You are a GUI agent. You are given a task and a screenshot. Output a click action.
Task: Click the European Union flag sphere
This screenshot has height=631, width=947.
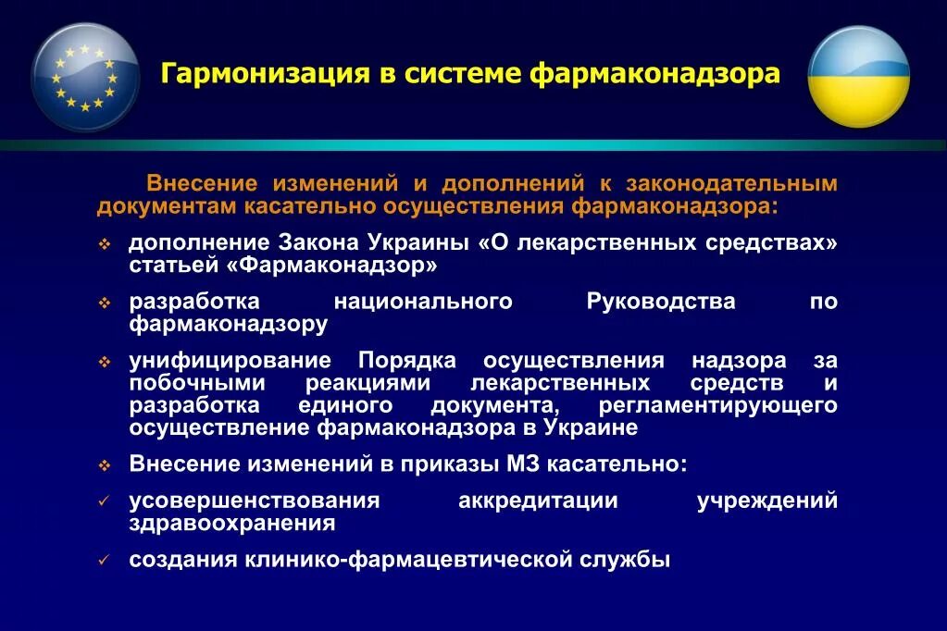tap(85, 78)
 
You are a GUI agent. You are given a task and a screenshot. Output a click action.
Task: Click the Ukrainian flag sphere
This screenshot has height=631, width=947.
tap(858, 77)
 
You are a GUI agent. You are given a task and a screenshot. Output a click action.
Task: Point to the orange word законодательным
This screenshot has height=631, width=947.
tap(731, 183)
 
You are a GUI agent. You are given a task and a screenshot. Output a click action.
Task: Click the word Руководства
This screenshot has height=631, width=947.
tap(661, 302)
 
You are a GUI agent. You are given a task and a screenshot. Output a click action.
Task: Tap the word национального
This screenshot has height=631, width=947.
tap(423, 302)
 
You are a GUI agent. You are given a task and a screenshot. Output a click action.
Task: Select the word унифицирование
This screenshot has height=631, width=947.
tap(230, 361)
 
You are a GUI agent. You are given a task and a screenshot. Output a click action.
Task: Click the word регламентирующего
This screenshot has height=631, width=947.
tap(717, 405)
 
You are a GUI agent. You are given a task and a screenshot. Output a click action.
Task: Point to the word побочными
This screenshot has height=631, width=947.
tap(197, 383)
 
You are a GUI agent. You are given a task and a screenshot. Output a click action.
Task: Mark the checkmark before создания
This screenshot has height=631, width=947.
tap(106, 561)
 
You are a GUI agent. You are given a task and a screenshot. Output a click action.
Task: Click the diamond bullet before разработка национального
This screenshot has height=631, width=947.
tap(106, 303)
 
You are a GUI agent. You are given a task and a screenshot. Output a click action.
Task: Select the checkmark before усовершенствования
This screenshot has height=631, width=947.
tap(106, 501)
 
